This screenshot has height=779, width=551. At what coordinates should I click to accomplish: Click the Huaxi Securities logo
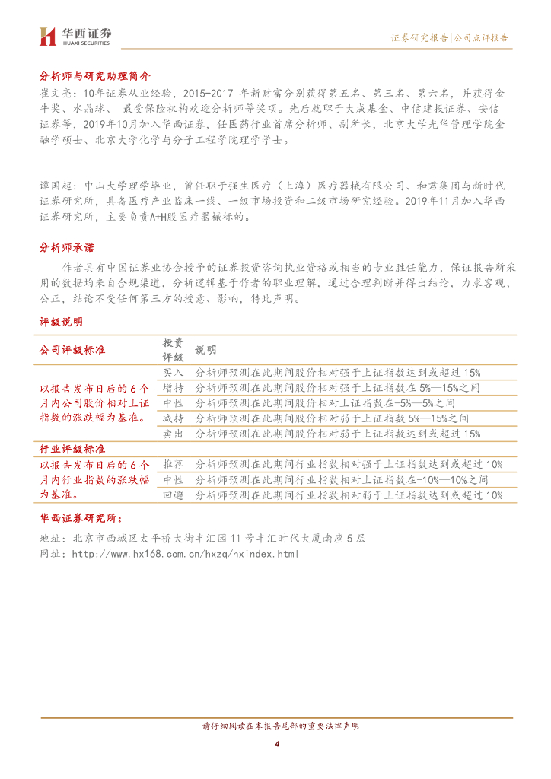point(75,35)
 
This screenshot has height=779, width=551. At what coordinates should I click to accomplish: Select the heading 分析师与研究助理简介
point(95,76)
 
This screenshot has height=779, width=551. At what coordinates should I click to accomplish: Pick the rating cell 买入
point(174,373)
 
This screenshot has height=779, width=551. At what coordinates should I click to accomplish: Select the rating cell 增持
point(174,388)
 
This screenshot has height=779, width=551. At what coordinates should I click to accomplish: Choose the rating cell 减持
point(174,418)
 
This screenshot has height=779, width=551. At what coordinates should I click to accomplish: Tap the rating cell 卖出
point(174,434)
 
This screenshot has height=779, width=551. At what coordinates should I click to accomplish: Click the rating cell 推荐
point(174,464)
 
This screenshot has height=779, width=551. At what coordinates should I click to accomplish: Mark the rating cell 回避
point(174,495)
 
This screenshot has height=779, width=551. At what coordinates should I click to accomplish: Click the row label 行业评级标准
point(72,449)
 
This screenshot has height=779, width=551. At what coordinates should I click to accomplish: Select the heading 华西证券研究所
point(80,520)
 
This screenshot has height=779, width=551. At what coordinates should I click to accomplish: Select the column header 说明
point(205,350)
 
